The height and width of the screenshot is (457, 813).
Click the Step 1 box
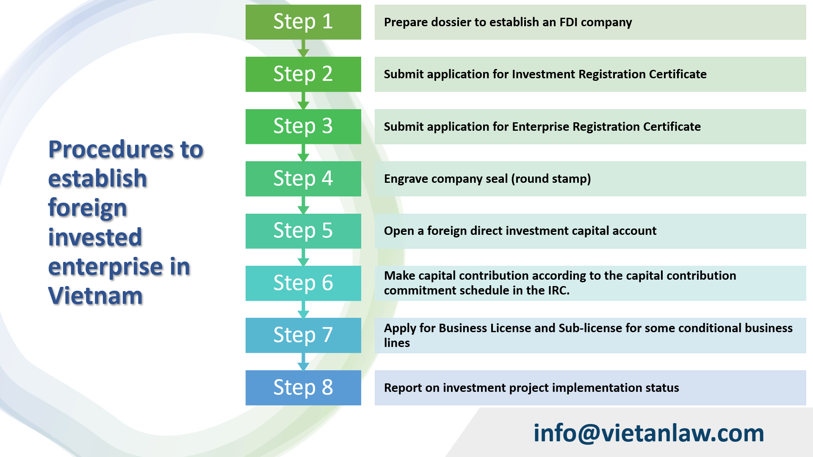coord(303,22)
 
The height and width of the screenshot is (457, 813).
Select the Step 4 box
coord(303,179)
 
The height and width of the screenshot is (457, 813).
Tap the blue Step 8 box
coord(303,388)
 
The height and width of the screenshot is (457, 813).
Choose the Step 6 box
coord(303,283)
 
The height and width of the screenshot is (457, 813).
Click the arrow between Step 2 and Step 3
coord(303,101)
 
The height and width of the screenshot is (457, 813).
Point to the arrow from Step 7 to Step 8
coord(303,362)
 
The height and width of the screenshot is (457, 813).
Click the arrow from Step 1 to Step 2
coord(303,48)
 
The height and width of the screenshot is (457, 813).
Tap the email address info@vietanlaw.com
coord(648,433)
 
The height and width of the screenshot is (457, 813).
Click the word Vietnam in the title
coord(95,296)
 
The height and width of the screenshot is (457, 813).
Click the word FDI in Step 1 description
coord(568,22)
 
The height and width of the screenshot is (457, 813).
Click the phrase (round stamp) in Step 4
coord(551,179)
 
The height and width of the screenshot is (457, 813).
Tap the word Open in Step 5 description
coord(399,231)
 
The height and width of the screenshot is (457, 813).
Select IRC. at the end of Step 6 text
coord(559,290)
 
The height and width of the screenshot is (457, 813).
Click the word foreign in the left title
coord(88,208)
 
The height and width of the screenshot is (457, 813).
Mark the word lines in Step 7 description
coord(397,343)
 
